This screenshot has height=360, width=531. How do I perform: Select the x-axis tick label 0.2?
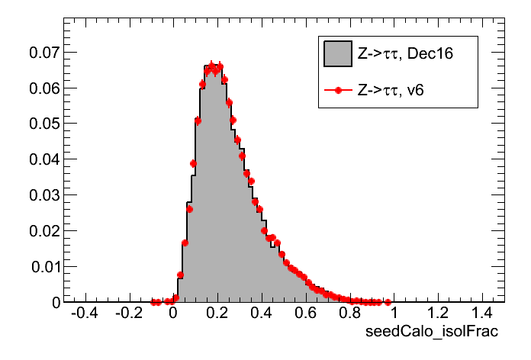(x=217, y=314)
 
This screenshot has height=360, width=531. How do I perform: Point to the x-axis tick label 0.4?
(x=262, y=314)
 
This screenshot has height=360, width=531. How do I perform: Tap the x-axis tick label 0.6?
(x=306, y=314)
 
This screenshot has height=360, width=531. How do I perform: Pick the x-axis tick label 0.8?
(x=350, y=314)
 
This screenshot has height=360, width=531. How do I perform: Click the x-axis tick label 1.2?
(x=439, y=314)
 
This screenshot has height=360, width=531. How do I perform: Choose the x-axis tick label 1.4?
(x=483, y=314)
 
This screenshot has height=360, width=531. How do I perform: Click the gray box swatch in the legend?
(x=337, y=53)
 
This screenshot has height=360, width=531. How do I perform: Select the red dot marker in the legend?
(x=337, y=90)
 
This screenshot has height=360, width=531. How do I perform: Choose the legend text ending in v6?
(x=391, y=90)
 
